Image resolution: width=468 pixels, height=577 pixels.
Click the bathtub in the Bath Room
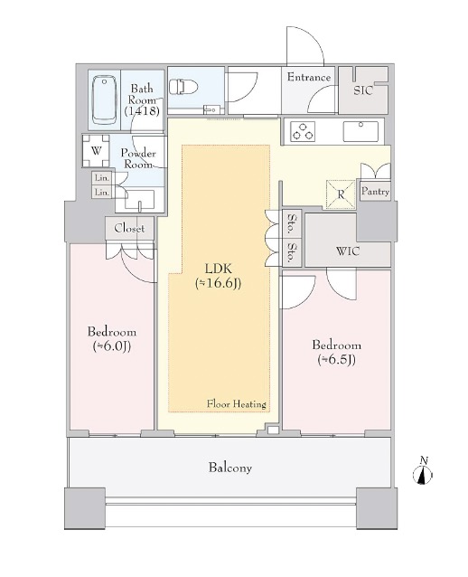105,99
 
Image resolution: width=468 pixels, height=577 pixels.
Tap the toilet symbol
183,88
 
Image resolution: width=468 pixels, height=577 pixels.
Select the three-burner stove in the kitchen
303,132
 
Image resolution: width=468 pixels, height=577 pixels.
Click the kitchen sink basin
360,131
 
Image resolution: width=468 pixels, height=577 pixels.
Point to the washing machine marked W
96,151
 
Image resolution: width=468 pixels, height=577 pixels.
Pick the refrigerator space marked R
341,194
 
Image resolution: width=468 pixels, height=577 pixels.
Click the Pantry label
375,192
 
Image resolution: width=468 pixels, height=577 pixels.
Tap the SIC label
363,90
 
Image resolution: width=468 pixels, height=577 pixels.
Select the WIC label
348,251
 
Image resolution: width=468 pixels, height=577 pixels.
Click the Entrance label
308,77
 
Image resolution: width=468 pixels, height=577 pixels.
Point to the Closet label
129,228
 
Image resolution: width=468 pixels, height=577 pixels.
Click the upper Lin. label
102,178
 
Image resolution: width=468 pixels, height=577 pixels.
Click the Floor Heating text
236,403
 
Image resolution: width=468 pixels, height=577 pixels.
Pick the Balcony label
230,468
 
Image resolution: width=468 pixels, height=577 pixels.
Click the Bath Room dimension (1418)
142,110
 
